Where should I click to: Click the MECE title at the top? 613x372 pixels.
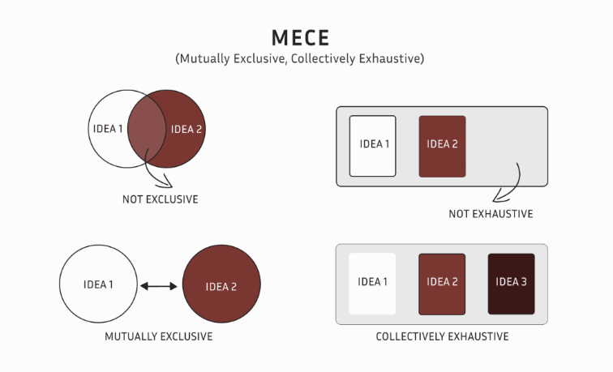coord(306,39)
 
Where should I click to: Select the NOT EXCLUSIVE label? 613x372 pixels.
coord(161,199)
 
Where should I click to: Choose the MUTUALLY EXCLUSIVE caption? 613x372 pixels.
coord(159,336)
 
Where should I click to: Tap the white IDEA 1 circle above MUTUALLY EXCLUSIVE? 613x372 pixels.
coord(97,285)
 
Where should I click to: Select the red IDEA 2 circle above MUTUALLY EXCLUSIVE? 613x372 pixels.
coord(221,286)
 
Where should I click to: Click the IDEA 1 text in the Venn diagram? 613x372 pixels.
coord(108,129)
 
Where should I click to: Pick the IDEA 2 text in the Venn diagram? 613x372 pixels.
coord(186,129)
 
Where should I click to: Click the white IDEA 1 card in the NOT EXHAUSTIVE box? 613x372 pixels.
coord(373,146)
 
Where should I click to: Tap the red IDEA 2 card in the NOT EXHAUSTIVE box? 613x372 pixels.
coord(443,146)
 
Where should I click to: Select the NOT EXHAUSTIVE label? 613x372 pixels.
coord(491,214)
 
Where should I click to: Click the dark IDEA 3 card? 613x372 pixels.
coord(512,284)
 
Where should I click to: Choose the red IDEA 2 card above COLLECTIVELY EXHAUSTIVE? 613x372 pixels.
coord(443,284)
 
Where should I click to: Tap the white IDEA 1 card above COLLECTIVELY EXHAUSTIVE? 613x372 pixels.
coord(373,284)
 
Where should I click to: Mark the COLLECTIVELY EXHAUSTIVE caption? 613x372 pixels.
coord(443,336)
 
